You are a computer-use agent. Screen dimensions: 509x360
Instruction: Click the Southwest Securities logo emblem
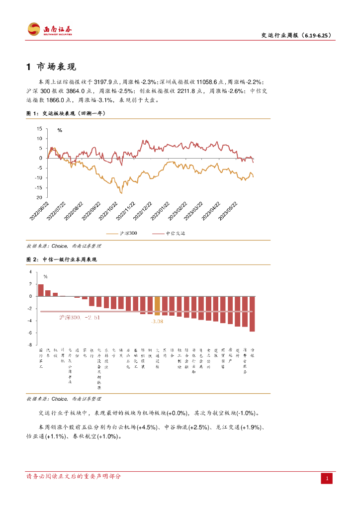(34, 29)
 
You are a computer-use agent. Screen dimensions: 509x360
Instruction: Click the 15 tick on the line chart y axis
(39, 128)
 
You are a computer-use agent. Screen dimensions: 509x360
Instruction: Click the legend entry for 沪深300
(128, 233)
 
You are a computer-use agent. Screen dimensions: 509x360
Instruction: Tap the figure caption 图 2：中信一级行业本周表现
(61, 259)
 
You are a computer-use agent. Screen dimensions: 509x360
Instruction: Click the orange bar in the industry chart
(157, 306)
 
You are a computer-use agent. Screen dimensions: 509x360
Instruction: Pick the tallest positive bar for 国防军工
(41, 290)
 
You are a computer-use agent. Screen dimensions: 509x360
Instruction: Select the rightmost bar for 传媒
(252, 314)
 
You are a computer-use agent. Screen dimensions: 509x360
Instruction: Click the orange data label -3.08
(157, 322)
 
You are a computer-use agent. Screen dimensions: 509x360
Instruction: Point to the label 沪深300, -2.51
(80, 317)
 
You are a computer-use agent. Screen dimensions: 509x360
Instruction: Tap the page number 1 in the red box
(327, 478)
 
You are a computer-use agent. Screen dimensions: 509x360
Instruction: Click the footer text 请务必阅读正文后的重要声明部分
(74, 476)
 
